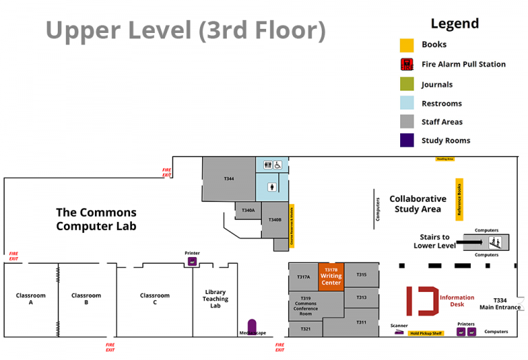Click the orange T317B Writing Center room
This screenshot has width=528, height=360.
pyautogui.click(x=331, y=277)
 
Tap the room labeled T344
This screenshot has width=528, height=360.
pyautogui.click(x=228, y=179)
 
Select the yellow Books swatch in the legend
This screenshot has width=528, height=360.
pyautogui.click(x=407, y=45)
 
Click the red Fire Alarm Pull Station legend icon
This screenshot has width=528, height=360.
pyautogui.click(x=407, y=65)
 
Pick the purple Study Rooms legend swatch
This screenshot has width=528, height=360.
pyautogui.click(x=407, y=140)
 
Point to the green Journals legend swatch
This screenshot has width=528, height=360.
pyautogui.click(x=407, y=85)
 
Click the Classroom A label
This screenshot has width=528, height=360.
pyautogui.click(x=30, y=299)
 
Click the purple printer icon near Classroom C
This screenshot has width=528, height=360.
pyautogui.click(x=192, y=261)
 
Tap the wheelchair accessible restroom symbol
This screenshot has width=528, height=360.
pyautogui.click(x=278, y=166)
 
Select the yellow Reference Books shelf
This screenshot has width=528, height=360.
pyautogui.click(x=459, y=199)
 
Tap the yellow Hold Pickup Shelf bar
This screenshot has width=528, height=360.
pyautogui.click(x=426, y=333)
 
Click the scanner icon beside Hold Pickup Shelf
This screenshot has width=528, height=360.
pyautogui.click(x=399, y=333)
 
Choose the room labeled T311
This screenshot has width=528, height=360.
pyautogui.click(x=361, y=322)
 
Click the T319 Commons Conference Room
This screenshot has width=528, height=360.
pyautogui.click(x=305, y=306)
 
